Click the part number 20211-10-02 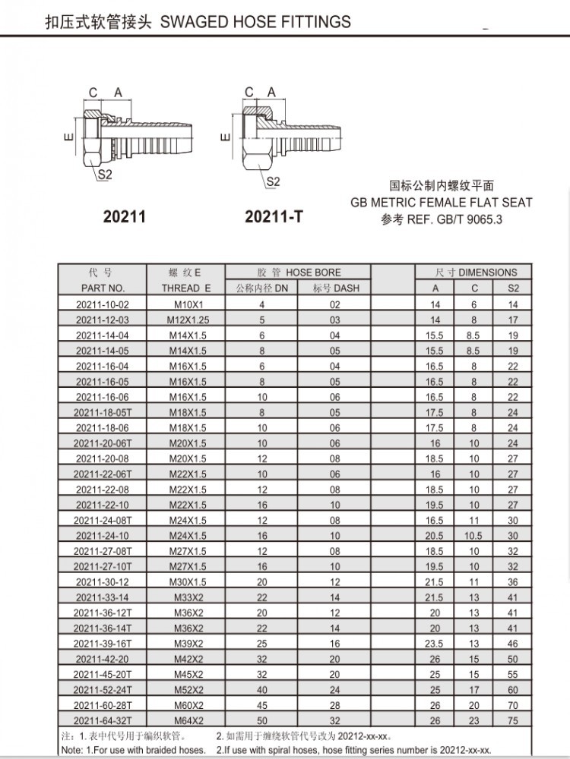103,304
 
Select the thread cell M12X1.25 187,320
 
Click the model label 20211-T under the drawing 274,217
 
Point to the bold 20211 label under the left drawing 124,217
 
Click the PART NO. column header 103,288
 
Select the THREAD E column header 186,288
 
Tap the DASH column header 336,288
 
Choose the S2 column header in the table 513,288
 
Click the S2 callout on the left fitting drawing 104,175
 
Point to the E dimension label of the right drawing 223,137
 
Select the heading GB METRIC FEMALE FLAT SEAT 442,203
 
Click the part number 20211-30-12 103,581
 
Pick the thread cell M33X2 187,597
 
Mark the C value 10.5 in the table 474,535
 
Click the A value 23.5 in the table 435,644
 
